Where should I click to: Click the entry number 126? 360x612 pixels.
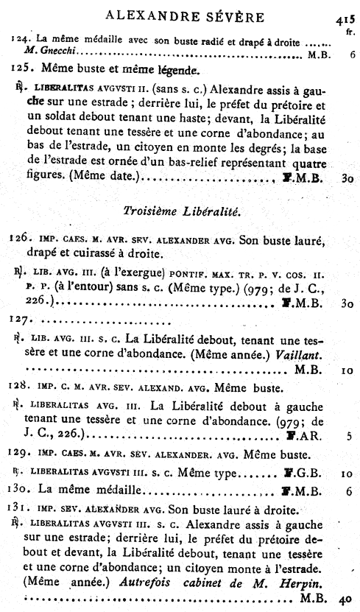(x=21, y=240)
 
